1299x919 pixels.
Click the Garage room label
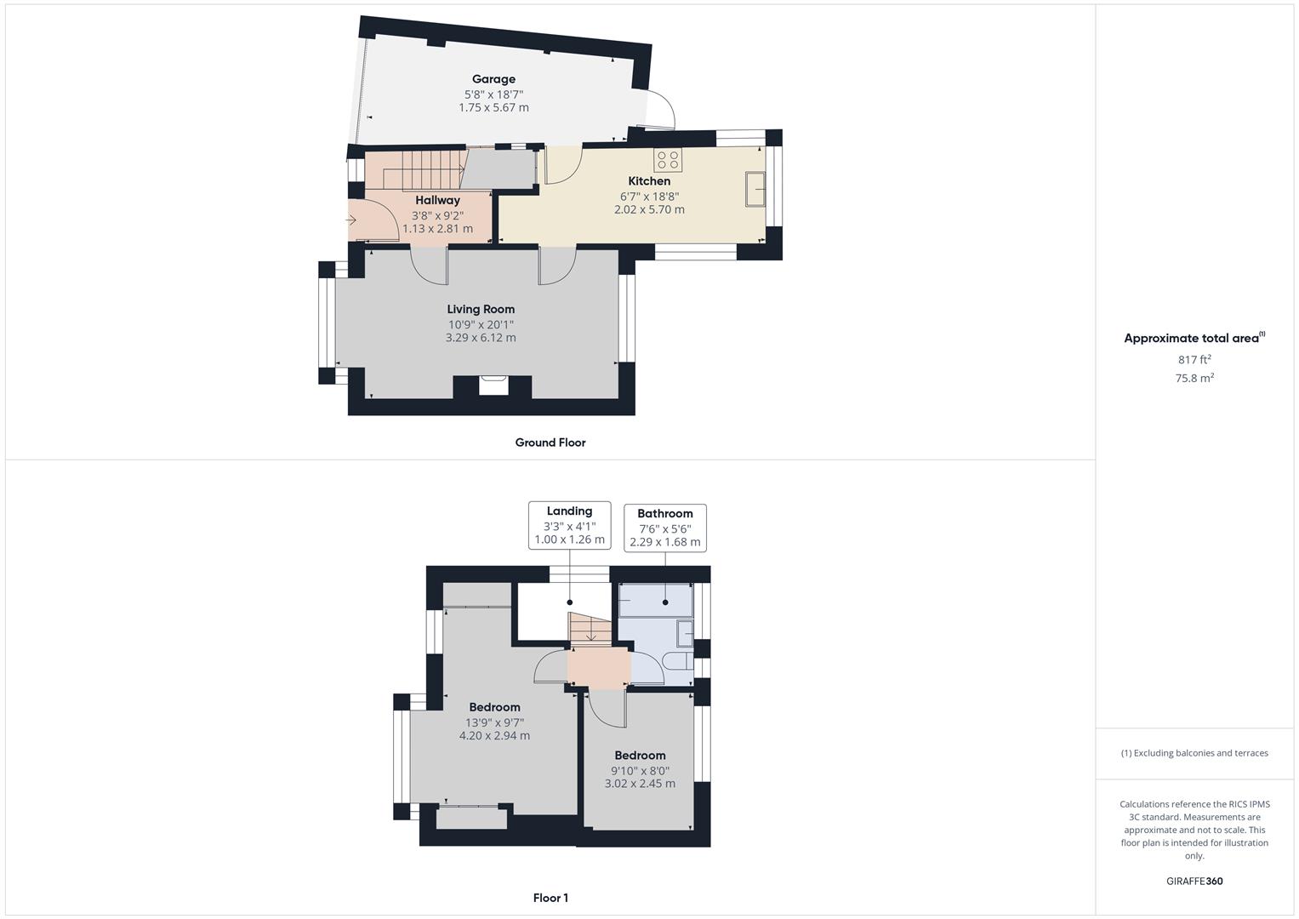[493, 79]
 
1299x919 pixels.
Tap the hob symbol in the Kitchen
[668, 160]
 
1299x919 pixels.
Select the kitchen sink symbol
[755, 189]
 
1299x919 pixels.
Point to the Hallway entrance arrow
[350, 220]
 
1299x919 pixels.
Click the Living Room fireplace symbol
[493, 385]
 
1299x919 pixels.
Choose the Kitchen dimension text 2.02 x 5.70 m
[650, 209]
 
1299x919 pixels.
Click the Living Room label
[481, 309]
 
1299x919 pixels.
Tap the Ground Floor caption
[550, 442]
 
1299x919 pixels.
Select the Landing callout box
[569, 525]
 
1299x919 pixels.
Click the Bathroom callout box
[665, 528]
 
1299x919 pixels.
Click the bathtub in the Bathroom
[656, 600]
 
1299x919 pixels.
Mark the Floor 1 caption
[550, 898]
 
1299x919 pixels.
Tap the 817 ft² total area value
[1194, 359]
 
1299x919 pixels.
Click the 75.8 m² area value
[1194, 378]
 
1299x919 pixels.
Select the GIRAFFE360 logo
[1194, 881]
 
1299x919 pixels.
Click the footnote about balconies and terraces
[1194, 753]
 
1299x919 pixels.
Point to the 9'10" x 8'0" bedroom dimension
[641, 770]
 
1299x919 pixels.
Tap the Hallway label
[438, 201]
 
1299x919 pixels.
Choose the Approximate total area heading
[1194, 338]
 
